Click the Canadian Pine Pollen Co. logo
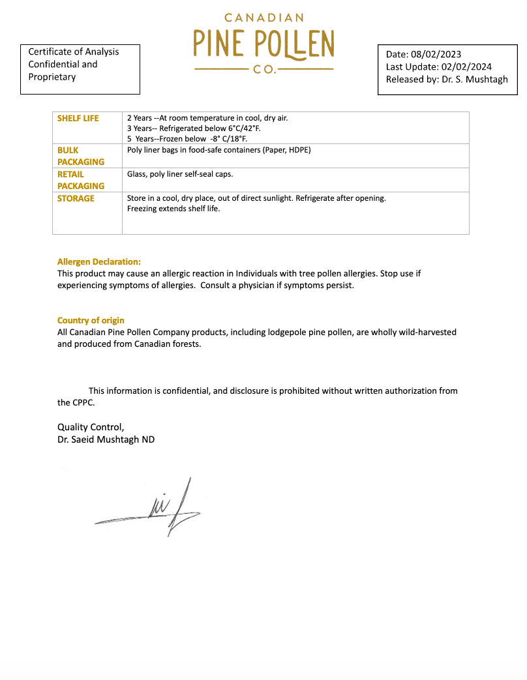[x=263, y=43]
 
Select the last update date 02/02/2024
[x=466, y=67]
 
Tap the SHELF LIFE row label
[x=78, y=118]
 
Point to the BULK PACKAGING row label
[x=81, y=156]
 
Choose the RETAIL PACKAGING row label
[x=81, y=180]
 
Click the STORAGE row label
[x=76, y=198]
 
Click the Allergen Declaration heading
[x=99, y=261]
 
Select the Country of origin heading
[x=91, y=320]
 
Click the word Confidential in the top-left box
[x=55, y=64]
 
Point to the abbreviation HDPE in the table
[x=299, y=150]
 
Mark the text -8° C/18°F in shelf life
[x=229, y=138]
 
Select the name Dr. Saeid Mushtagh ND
[x=106, y=439]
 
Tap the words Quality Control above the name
[x=90, y=427]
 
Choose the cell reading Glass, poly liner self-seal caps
[x=180, y=174]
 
